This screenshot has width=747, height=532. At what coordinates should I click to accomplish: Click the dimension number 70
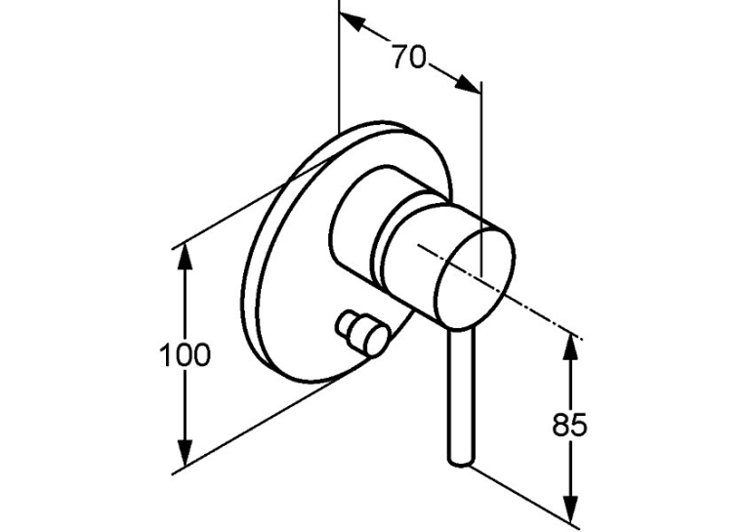(x=409, y=58)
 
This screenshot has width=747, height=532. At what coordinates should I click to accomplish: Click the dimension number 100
(x=185, y=355)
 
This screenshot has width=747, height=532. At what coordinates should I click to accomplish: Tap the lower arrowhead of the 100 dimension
(x=185, y=453)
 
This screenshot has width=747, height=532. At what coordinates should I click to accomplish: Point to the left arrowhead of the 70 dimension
(x=353, y=22)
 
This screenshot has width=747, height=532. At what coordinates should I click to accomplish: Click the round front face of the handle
(x=475, y=278)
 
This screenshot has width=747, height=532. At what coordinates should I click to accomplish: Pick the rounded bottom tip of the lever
(x=461, y=461)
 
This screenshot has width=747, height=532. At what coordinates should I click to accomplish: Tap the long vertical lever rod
(x=461, y=395)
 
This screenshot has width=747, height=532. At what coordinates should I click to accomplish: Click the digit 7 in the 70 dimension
(x=400, y=58)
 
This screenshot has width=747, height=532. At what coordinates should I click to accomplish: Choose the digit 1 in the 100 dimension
(x=165, y=355)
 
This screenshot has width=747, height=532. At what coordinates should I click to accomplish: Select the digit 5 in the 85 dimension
(x=579, y=425)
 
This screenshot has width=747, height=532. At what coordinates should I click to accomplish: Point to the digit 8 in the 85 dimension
(x=560, y=425)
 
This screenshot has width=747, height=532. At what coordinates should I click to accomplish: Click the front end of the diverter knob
(x=375, y=338)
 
